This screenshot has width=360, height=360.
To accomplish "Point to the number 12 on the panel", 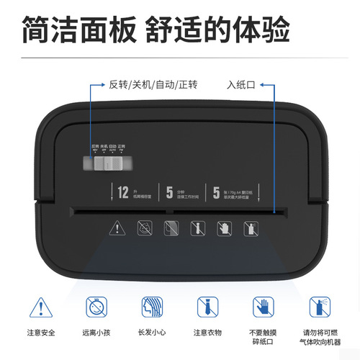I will [122, 192].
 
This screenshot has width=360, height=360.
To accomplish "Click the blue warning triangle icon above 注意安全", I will [40, 308].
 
